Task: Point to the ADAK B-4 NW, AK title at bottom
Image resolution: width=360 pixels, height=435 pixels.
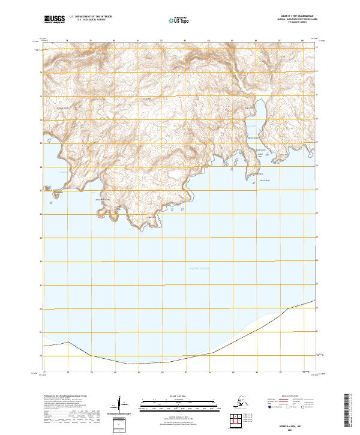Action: tap(294, 422)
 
